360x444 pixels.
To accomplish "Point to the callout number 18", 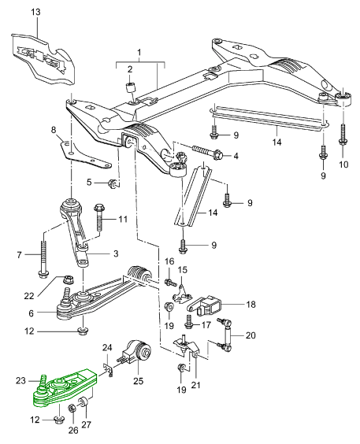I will pos(251,304).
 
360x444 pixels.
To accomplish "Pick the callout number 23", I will pos(20,381).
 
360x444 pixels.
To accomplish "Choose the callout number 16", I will pos(169,261).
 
